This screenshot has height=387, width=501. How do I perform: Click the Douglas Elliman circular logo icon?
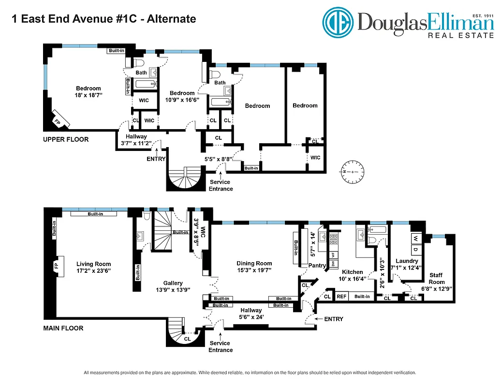[339, 22]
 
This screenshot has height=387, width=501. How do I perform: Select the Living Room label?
[93, 264]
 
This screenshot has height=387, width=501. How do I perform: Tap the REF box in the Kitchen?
[342, 296]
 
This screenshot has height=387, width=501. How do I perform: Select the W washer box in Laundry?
[415, 238]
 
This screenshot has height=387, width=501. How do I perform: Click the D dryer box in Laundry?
[415, 250]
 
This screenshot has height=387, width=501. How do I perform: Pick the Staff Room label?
[437, 279]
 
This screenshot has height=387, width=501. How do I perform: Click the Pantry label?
[317, 266]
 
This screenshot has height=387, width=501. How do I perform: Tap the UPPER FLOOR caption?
[66, 140]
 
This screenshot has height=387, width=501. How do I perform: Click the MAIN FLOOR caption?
[63, 328]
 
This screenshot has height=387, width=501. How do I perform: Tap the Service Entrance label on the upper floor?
[221, 185]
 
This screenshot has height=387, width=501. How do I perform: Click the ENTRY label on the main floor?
[334, 319]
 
